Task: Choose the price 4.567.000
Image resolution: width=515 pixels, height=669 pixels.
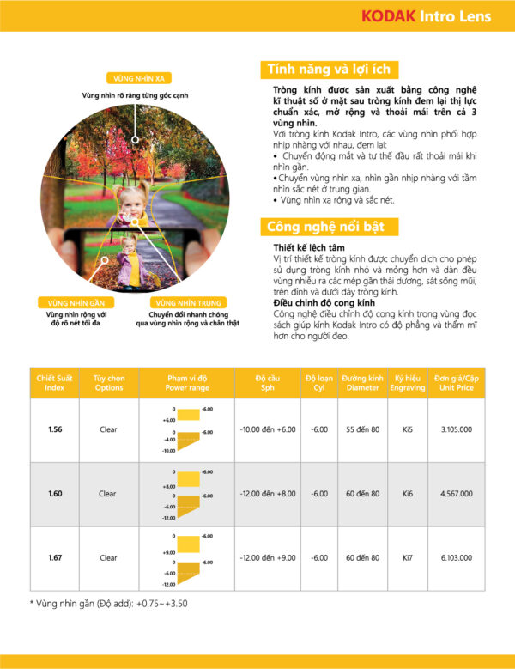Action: (456, 494)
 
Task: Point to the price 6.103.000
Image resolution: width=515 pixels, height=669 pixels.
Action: (456, 558)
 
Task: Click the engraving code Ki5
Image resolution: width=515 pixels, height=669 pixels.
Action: (410, 429)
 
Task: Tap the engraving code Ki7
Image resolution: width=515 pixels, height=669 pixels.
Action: (410, 558)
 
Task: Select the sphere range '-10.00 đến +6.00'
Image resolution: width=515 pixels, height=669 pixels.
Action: (267, 429)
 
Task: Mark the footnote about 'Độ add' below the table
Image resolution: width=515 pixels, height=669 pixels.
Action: (109, 604)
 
